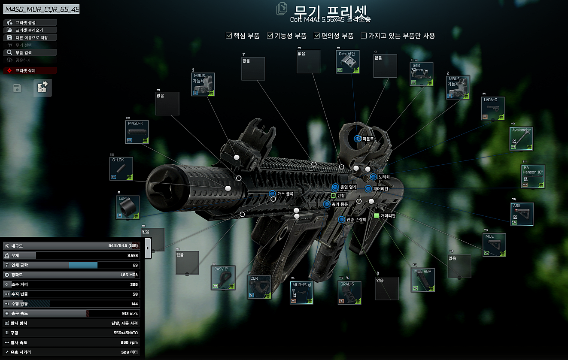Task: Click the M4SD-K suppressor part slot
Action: point(137,132)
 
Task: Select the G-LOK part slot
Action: point(121,168)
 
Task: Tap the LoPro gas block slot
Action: point(128,207)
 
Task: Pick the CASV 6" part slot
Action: point(224,277)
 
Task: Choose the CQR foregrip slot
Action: point(259,287)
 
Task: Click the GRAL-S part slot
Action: point(349,293)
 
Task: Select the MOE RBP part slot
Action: point(423,280)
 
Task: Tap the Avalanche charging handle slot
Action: point(521,139)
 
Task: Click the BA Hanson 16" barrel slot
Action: point(533,176)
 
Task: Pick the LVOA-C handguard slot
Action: point(492,109)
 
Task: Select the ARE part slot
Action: point(522,214)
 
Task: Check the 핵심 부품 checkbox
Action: point(229,36)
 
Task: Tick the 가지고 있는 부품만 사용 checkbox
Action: point(364,36)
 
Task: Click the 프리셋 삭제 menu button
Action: point(30,70)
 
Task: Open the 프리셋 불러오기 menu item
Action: point(30,30)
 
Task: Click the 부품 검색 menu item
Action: point(30,52)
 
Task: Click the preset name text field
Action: point(42,9)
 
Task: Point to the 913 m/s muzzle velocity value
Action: point(129,313)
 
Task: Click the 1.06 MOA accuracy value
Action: point(129,275)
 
